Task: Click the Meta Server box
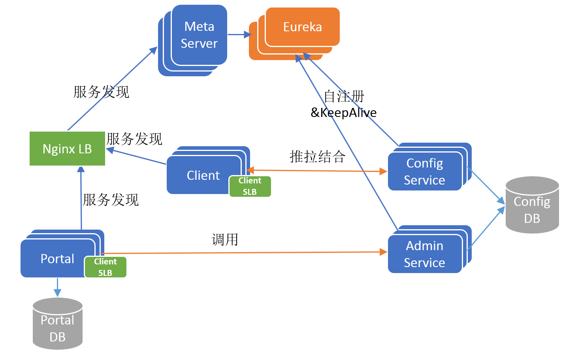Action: tap(199, 35)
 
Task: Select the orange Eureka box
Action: tap(302, 27)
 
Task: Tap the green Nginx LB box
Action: tap(67, 149)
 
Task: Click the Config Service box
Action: tap(425, 172)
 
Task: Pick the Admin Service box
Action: tap(425, 254)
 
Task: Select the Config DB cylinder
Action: tap(532, 205)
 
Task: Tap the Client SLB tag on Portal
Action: tap(105, 267)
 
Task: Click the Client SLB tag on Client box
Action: tap(250, 186)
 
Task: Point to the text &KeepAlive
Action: tap(343, 113)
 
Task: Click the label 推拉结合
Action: tap(317, 156)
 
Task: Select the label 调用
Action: tap(225, 239)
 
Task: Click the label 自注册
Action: tap(344, 96)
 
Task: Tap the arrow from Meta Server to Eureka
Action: tap(239, 35)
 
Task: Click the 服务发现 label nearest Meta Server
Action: tap(101, 92)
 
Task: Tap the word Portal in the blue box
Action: tap(57, 259)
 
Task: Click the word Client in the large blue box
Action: tap(203, 175)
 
